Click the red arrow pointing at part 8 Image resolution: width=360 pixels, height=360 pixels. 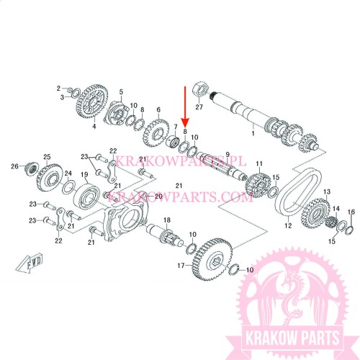tap(185, 106)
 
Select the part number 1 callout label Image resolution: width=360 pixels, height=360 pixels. tap(253, 133)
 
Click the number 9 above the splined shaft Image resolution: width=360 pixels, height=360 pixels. tap(228, 155)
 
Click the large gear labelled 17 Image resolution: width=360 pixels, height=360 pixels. tap(212, 259)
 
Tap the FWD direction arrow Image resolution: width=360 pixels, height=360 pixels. tap(30, 262)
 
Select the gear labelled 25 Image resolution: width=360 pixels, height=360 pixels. tap(49, 177)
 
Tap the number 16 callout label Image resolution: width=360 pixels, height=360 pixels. tap(351, 212)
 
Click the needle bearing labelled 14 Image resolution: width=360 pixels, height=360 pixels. tap(332, 222)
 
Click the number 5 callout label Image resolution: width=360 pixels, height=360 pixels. tap(121, 91)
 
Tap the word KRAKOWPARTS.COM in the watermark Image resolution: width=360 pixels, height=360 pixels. tap(179, 198)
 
